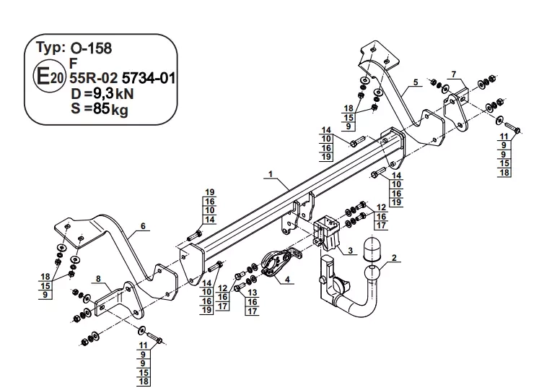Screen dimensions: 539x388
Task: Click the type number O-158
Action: click(92, 48)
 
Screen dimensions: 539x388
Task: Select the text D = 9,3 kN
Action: click(102, 94)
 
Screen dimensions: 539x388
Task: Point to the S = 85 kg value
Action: click(100, 109)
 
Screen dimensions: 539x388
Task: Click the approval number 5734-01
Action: click(149, 79)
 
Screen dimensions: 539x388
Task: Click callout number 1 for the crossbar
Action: click(271, 174)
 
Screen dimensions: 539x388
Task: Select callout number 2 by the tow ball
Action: click(394, 257)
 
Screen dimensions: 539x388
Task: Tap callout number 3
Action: click(350, 250)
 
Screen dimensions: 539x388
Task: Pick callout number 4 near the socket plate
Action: click(287, 279)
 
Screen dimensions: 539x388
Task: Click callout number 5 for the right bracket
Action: click(416, 82)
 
